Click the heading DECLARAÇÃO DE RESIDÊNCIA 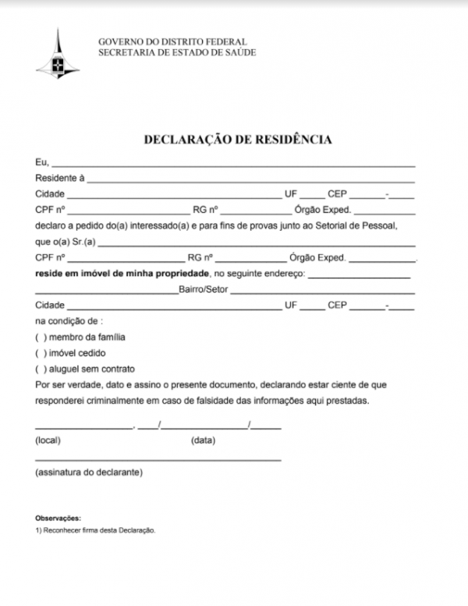[x=239, y=140]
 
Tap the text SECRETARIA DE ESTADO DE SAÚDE [x=177, y=52]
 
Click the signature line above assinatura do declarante [x=158, y=458]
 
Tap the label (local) [x=48, y=441]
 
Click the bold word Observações [x=58, y=518]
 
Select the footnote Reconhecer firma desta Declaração [x=99, y=530]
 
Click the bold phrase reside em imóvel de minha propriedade [x=122, y=274]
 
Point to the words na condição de [x=69, y=321]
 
